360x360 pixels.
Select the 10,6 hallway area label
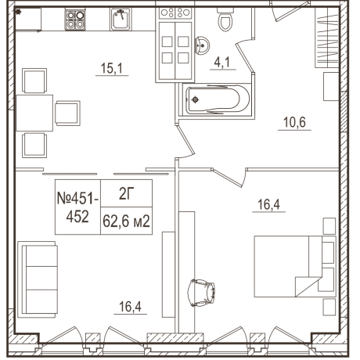coord(294,121)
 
